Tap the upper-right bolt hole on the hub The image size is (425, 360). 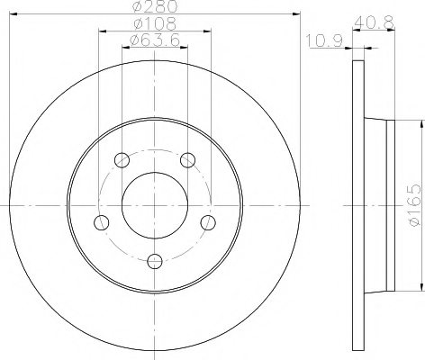click(x=187, y=160)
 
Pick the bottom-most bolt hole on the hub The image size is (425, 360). click(x=154, y=261)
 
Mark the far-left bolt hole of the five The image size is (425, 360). click(x=101, y=222)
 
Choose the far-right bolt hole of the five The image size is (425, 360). click(x=208, y=222)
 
